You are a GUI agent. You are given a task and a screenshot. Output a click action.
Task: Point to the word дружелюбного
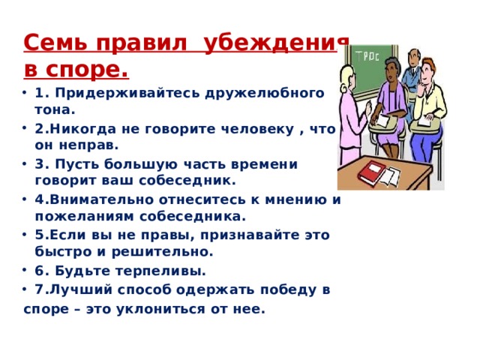pyautogui.click(x=272, y=93)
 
